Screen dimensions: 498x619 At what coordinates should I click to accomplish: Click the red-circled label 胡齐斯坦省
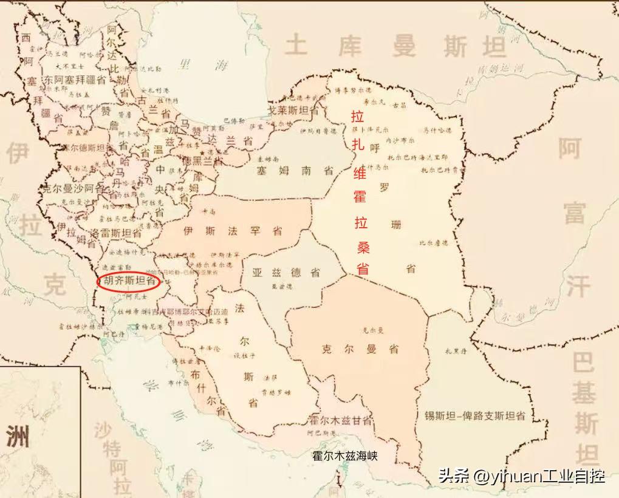click(x=129, y=281)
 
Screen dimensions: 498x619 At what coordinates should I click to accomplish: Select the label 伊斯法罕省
click(x=233, y=231)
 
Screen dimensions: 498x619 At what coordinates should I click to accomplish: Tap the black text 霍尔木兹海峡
click(x=344, y=455)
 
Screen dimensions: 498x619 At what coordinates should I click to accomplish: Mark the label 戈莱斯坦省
click(x=294, y=111)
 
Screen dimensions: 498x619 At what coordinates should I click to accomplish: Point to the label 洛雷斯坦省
click(x=116, y=233)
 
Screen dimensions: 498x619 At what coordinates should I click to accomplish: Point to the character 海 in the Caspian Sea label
click(x=220, y=64)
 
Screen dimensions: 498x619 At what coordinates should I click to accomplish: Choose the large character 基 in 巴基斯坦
click(x=584, y=395)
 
